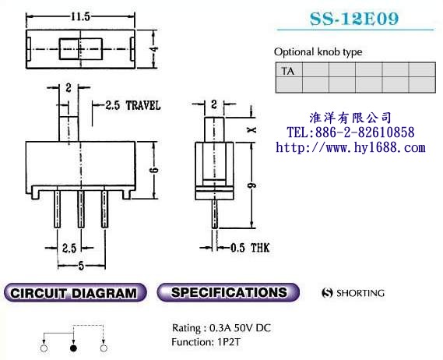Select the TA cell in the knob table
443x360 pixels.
point(287,70)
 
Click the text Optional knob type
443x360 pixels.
point(318,52)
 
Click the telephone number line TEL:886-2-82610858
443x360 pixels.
point(350,132)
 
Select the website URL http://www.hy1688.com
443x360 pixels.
point(351,146)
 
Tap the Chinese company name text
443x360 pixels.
point(350,118)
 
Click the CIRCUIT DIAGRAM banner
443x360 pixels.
point(75,294)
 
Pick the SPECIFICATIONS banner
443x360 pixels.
point(228,293)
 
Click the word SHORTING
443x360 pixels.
point(360,294)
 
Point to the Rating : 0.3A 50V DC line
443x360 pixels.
point(221,327)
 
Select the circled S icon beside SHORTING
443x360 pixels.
point(327,294)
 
